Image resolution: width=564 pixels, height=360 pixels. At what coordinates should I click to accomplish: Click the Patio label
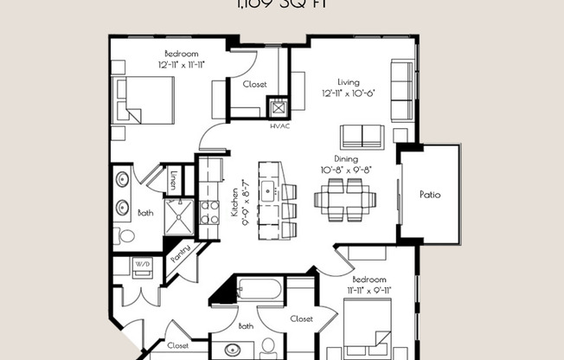430,195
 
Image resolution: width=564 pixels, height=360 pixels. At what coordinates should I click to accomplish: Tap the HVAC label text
279,125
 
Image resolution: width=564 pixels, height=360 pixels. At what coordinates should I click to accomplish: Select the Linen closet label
174,180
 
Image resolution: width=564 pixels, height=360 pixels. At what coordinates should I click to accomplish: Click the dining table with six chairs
344,201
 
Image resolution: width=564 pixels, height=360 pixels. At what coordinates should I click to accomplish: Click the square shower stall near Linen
179,216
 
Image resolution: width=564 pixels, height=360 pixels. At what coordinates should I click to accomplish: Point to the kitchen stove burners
209,212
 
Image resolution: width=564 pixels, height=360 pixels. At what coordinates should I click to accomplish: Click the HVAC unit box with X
279,109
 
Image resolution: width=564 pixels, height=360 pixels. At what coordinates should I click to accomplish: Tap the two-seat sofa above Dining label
362,137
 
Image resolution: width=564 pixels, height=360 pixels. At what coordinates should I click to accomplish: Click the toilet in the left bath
127,235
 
